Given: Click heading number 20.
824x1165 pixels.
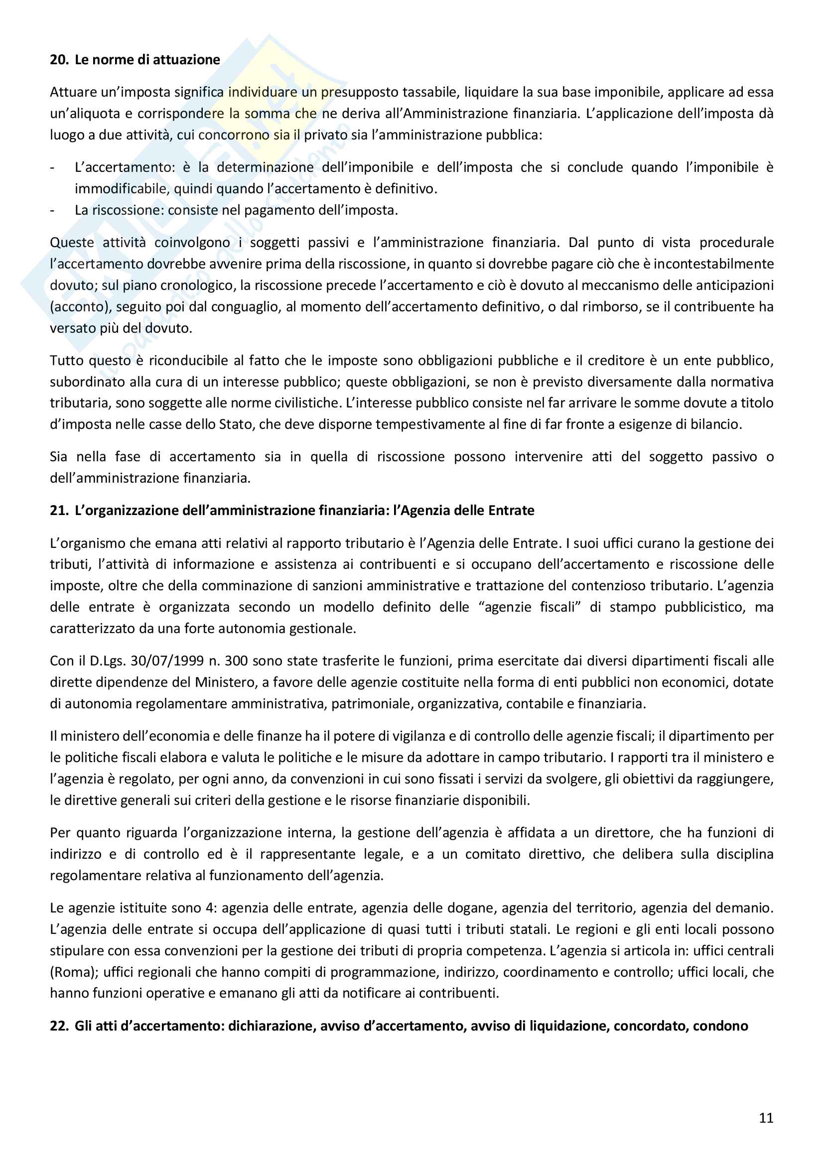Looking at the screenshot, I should tap(59, 60).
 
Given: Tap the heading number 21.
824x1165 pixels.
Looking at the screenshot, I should tap(59, 511).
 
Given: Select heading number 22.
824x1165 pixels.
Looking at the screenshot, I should tap(59, 1026).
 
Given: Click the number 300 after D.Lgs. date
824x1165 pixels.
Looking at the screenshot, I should tap(237, 660).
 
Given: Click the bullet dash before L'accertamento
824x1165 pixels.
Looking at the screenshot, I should tap(52, 167).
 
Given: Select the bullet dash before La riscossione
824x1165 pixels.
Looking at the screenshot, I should tap(52, 210).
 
